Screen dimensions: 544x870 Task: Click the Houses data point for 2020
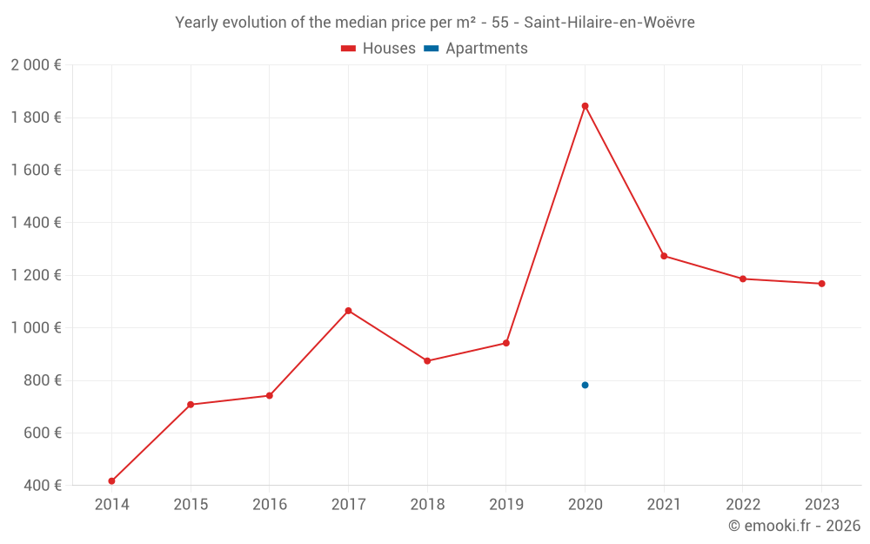[x=585, y=106]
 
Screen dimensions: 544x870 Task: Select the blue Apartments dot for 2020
[x=585, y=385]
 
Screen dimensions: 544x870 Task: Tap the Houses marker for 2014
[x=111, y=480]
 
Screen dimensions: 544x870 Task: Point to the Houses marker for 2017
[x=348, y=311]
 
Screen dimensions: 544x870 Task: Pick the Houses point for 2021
[x=664, y=256]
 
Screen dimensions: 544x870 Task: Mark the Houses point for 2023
[x=821, y=284]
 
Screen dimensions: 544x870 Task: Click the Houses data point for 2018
[x=427, y=360]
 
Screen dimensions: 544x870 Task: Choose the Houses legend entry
[x=378, y=49]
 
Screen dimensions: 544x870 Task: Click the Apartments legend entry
[x=476, y=49]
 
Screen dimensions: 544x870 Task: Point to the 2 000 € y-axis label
[x=36, y=65]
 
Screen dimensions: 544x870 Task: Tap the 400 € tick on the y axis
[x=42, y=485]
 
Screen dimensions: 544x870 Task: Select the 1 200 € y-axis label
[x=36, y=275]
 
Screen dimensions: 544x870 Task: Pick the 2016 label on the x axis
[x=270, y=505]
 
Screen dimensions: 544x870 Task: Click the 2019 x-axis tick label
[x=505, y=505]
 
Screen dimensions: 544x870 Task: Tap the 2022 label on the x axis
[x=742, y=505]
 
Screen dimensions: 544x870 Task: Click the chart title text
[x=435, y=23]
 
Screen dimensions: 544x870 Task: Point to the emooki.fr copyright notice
[x=794, y=526]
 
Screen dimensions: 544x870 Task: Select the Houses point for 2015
[x=191, y=404]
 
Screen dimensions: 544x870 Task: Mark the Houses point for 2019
[x=505, y=343]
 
